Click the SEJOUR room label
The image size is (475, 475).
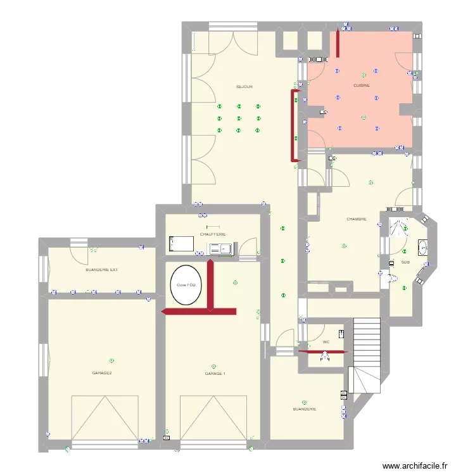click(244, 86)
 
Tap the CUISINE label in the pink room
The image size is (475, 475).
click(362, 85)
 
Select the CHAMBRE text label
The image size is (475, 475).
click(356, 219)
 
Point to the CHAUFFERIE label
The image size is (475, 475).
click(213, 234)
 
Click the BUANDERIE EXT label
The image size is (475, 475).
click(101, 270)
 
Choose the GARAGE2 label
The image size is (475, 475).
click(102, 373)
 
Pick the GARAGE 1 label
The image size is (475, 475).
click(215, 374)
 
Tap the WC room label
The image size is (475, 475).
click(326, 342)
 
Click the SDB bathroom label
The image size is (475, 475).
click(405, 262)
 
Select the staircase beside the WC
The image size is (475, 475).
click(366, 355)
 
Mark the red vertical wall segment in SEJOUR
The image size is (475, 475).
click(293, 124)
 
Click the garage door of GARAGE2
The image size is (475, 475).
click(104, 418)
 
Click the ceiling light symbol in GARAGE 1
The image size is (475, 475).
click(213, 365)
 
